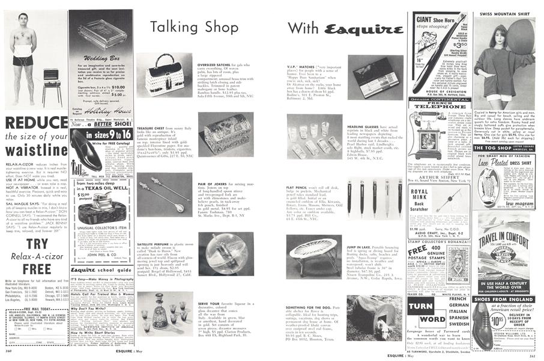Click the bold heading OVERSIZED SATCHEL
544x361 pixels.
tap(216, 63)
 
